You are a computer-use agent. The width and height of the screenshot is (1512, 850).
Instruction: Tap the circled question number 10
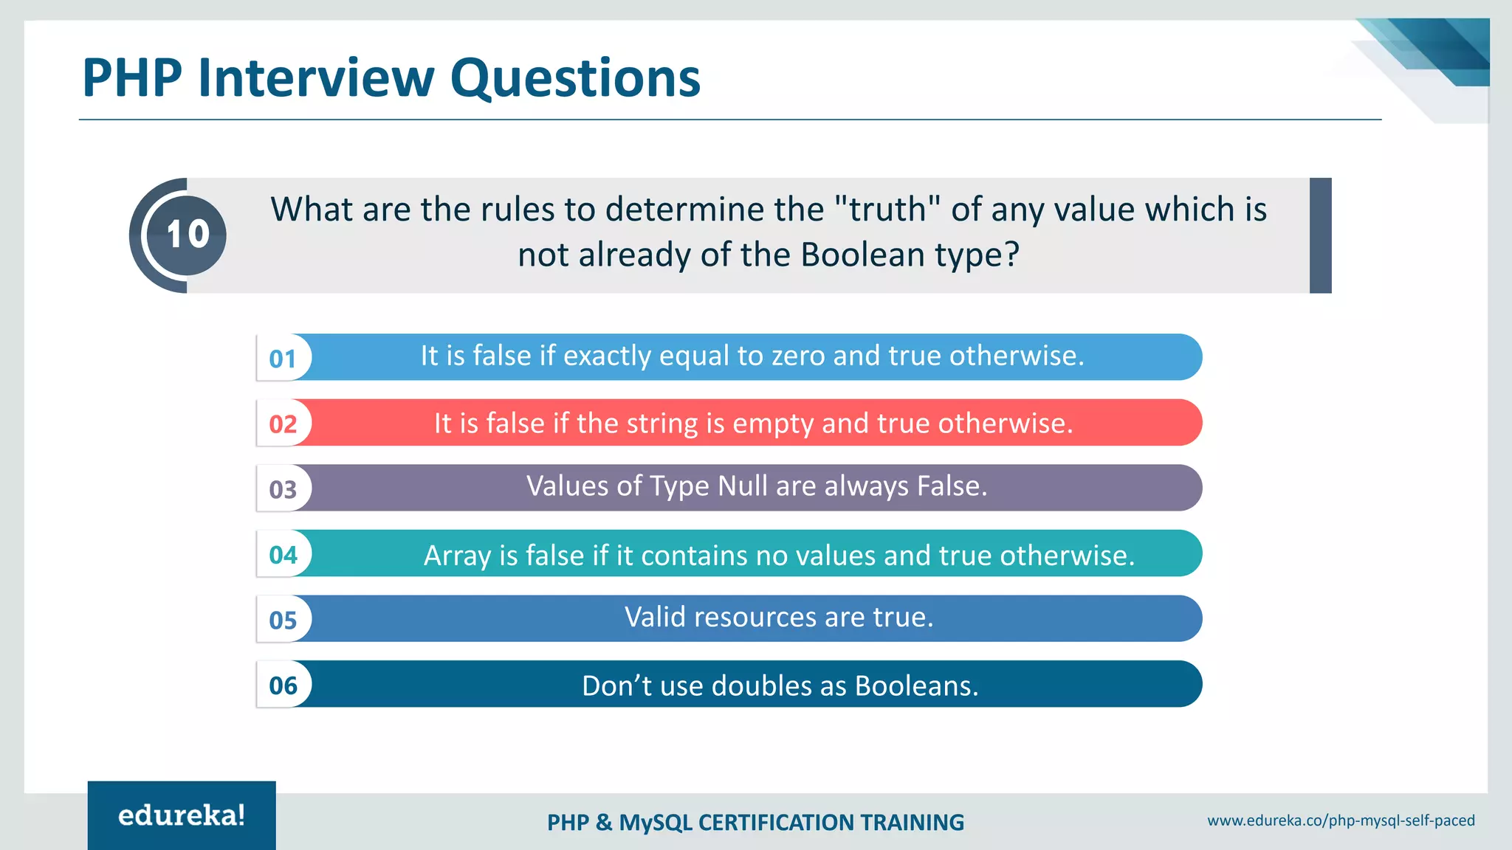point(187,235)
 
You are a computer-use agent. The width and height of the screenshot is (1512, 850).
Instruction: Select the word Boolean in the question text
point(863,255)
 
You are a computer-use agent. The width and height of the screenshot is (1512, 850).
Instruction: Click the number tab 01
point(283,359)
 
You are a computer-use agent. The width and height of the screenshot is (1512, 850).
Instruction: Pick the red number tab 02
point(283,424)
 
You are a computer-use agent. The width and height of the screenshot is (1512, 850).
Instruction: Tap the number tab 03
point(283,489)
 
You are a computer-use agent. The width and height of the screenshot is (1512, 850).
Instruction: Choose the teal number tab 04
point(283,554)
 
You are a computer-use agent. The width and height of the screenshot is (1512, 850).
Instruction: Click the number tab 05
point(283,620)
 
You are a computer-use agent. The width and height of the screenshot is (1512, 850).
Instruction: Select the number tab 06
point(283,685)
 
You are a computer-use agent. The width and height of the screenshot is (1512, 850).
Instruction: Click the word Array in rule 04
point(457,556)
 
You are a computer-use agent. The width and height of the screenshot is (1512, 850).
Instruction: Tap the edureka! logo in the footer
point(182,815)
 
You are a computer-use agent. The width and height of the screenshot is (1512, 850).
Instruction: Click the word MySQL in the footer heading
point(656,823)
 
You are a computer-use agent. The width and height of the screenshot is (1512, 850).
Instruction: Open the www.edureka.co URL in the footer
point(1341,820)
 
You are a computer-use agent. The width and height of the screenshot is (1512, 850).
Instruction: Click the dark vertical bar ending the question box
point(1320,235)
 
